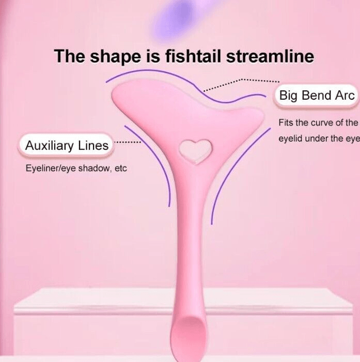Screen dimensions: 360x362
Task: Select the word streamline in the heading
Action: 270,56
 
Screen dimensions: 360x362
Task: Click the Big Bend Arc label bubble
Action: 316,96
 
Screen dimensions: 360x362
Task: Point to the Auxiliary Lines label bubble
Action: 67,146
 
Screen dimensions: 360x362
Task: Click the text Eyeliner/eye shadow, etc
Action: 76,168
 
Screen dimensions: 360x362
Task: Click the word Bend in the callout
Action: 317,95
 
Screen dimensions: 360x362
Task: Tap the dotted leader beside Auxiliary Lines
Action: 128,142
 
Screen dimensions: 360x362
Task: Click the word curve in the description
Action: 322,123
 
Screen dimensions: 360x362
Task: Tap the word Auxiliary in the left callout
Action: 50,146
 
